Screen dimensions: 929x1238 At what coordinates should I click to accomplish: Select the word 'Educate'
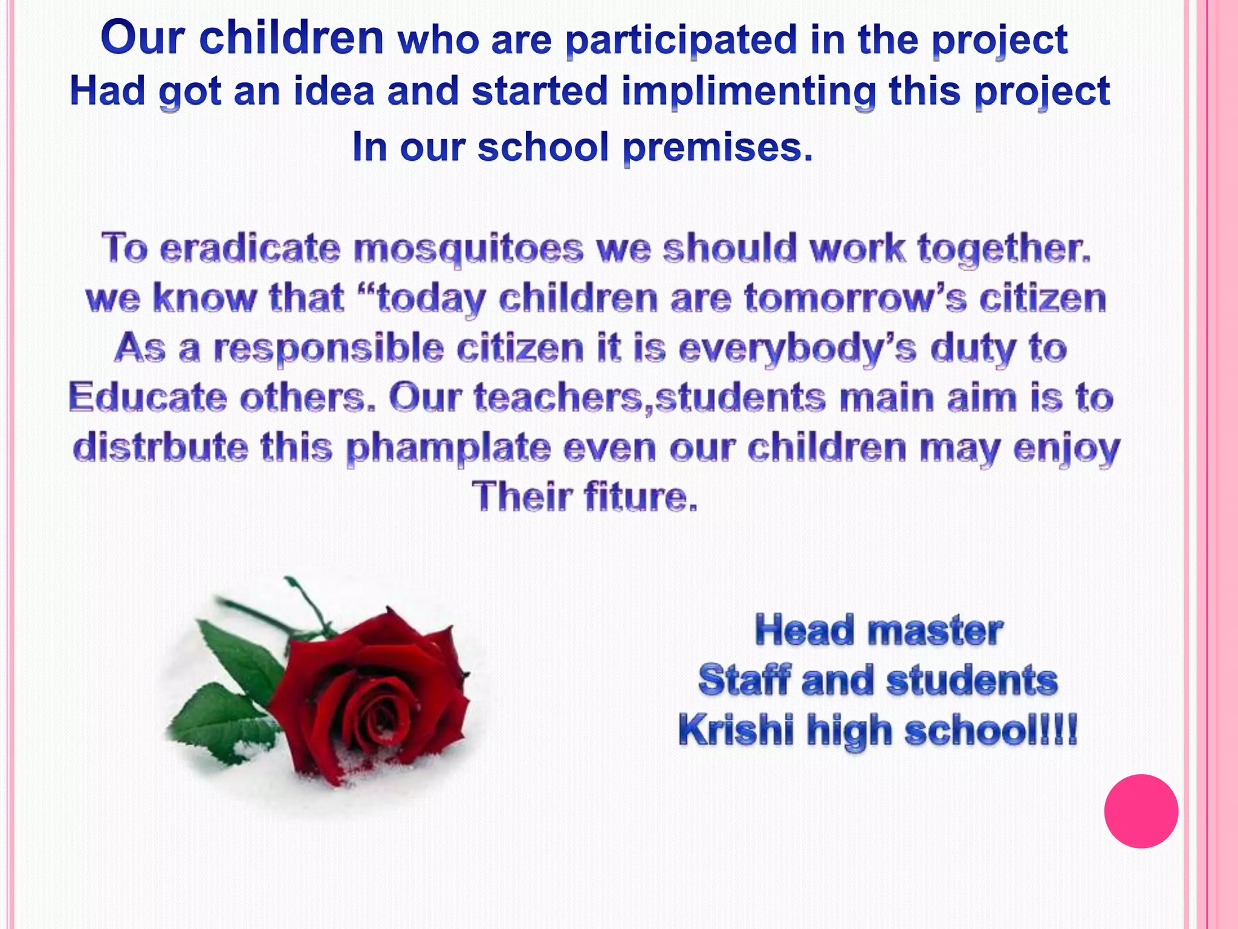tap(147, 399)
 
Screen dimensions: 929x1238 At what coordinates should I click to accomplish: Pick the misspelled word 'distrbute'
tap(160, 449)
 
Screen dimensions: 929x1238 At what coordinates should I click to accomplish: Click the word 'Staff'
tap(744, 680)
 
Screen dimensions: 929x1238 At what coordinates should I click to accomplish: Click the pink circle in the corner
tap(1141, 811)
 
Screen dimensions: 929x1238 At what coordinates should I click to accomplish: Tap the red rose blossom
tap(369, 696)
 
